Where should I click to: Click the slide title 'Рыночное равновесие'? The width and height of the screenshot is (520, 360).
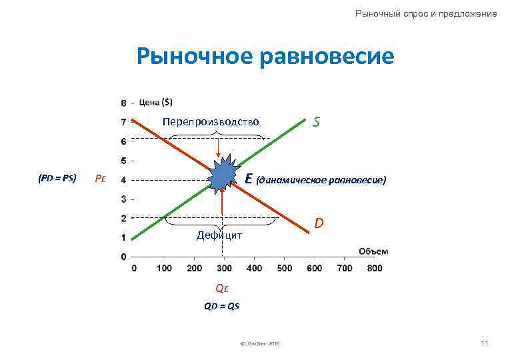(x=265, y=57)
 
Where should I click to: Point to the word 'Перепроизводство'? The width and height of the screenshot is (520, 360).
(x=210, y=122)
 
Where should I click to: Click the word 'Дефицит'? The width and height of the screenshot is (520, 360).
(x=219, y=235)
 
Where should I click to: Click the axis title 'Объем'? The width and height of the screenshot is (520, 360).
(x=373, y=251)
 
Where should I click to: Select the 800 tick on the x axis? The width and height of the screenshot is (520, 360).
(x=375, y=268)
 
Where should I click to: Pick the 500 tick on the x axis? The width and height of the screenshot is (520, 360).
(x=284, y=268)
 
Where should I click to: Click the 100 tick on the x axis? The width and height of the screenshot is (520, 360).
(x=163, y=268)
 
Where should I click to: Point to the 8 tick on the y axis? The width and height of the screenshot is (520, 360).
(x=123, y=103)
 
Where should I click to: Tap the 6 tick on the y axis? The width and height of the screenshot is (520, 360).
(x=123, y=141)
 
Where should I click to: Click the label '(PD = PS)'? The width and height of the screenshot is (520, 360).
(x=57, y=178)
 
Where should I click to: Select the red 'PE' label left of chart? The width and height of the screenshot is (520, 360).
(x=100, y=179)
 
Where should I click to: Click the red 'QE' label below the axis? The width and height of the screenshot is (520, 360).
(x=221, y=288)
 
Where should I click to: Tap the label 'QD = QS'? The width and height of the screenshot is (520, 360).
(x=221, y=306)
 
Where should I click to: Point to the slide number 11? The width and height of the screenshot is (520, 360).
(x=484, y=343)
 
